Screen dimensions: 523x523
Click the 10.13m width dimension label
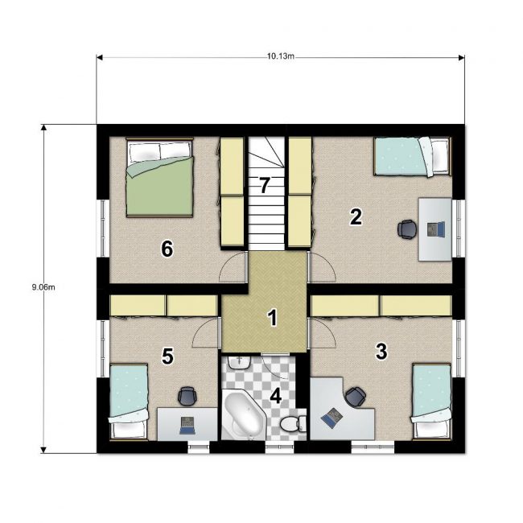281,56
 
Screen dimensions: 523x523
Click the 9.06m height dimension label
43,287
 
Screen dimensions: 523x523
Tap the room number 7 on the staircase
264,185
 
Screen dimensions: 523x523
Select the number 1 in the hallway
273,318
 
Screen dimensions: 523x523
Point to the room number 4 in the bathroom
275,397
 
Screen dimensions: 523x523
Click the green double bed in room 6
160,178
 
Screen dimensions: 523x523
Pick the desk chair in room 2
407,229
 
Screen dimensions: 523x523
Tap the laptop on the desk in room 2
436,229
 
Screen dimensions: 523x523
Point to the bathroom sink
239,363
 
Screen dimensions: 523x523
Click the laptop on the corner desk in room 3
332,418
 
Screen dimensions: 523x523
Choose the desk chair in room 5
187,396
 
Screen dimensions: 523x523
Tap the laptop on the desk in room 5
187,426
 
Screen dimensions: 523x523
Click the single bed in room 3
431,402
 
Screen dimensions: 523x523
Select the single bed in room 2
412,156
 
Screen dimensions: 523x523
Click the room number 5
167,356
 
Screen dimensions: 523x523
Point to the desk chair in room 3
356,397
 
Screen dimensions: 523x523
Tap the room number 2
356,216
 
